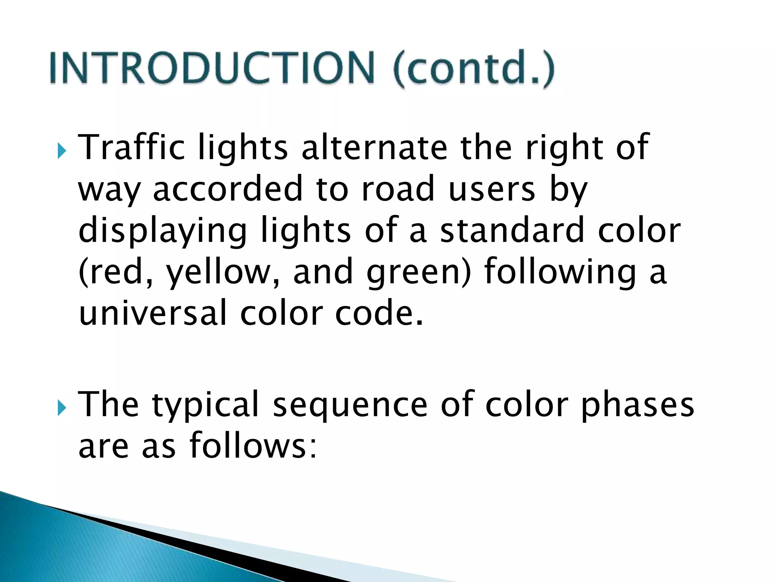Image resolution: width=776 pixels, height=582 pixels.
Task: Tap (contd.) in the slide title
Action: pyautogui.click(x=474, y=68)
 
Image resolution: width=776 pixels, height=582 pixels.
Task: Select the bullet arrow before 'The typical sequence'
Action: pyautogui.click(x=62, y=408)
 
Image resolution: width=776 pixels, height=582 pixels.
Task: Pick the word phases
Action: pyautogui.click(x=637, y=405)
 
